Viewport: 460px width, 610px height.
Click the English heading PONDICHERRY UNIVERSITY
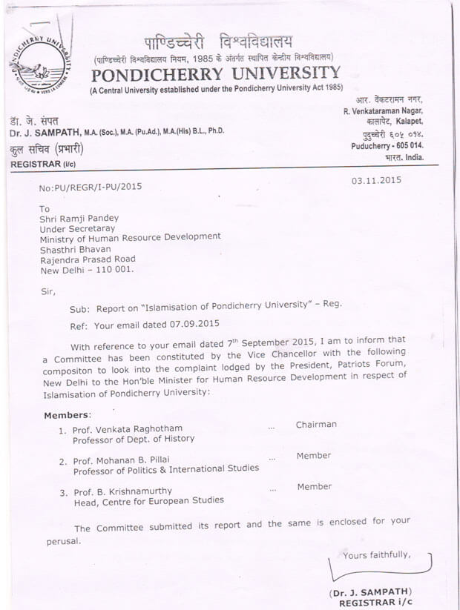(216, 74)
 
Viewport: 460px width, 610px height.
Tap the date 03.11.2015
(375, 181)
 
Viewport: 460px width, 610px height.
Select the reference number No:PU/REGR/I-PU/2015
(90, 188)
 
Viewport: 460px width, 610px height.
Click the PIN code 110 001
(113, 271)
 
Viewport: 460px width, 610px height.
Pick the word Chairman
(316, 425)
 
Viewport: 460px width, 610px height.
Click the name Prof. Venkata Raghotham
(128, 429)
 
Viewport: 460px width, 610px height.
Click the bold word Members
(66, 415)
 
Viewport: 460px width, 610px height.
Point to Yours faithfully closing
(377, 555)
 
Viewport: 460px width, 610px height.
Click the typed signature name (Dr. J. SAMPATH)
(369, 592)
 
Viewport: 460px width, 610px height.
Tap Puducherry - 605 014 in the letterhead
(387, 147)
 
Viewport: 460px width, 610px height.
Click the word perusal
(59, 541)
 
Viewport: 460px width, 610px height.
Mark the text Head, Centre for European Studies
(148, 500)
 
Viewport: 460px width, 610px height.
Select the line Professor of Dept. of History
(134, 439)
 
